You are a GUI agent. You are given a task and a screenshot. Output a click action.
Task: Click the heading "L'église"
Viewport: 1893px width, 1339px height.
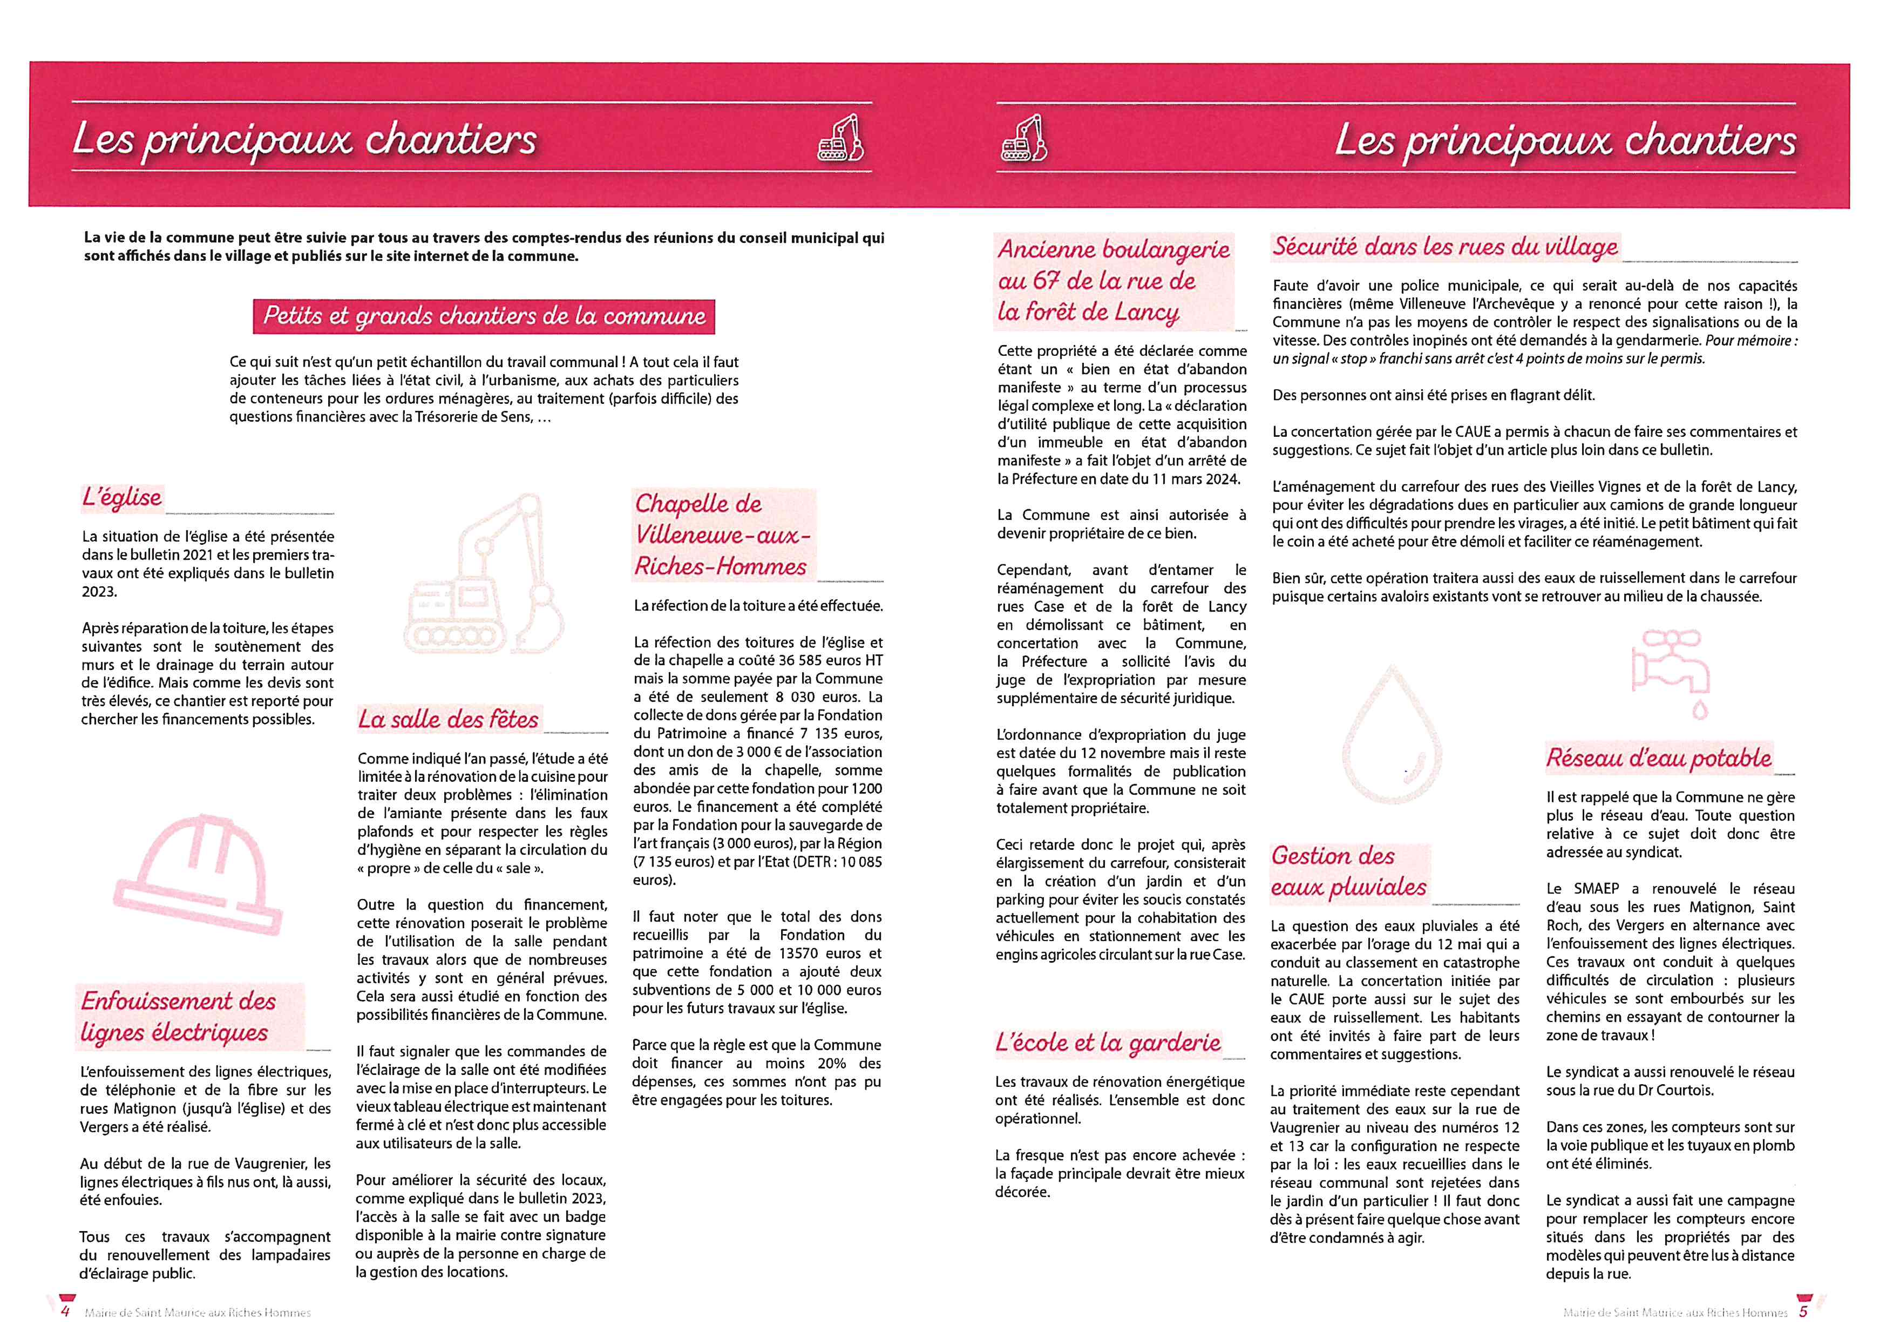point(122,497)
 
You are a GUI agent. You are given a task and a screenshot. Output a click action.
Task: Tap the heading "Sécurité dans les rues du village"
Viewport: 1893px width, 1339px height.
point(1444,247)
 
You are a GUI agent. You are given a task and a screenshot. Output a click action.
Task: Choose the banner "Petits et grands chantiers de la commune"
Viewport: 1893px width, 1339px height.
point(484,316)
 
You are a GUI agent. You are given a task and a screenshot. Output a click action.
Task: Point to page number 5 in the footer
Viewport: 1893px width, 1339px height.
point(1803,1311)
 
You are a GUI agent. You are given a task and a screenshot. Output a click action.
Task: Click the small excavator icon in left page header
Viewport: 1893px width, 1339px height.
point(839,139)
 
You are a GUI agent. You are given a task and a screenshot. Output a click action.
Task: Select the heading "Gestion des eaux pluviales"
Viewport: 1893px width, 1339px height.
point(1349,871)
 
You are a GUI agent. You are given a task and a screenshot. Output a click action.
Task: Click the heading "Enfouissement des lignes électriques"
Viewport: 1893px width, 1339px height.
point(178,1017)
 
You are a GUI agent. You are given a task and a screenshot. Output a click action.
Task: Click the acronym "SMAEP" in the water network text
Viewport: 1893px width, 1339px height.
point(1595,889)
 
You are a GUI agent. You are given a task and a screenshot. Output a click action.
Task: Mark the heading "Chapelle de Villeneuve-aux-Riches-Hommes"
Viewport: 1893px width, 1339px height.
point(722,535)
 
